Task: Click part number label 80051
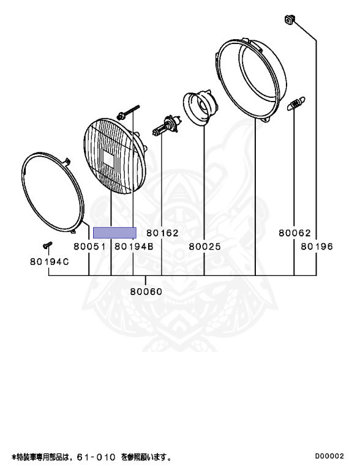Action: click(x=90, y=247)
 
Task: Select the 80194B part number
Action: click(x=134, y=247)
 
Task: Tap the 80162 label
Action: click(x=162, y=233)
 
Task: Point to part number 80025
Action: click(x=204, y=247)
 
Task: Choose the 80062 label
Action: click(x=294, y=233)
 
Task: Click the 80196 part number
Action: click(x=317, y=247)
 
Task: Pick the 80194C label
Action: click(x=50, y=262)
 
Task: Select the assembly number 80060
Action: click(x=146, y=291)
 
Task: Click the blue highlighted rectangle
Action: click(x=114, y=233)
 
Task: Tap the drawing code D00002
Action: click(x=329, y=456)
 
